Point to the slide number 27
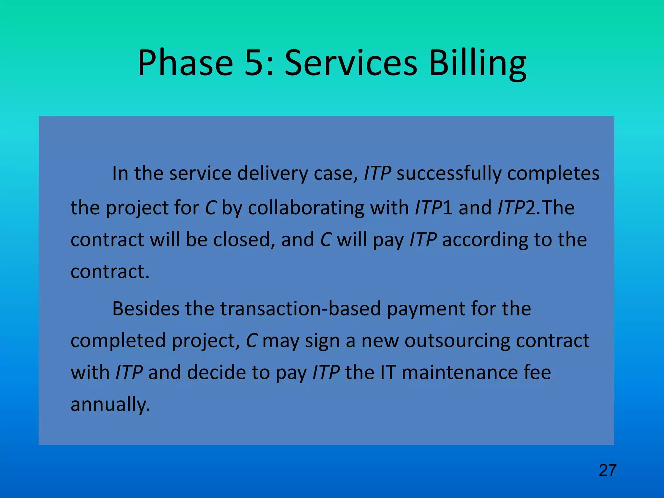click(x=607, y=470)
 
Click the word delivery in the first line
click(x=272, y=173)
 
